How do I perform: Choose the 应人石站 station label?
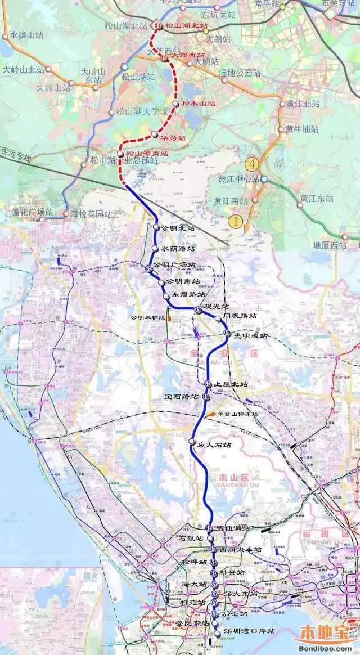(214, 445)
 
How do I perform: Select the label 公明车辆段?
(147, 317)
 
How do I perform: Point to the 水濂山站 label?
(26, 36)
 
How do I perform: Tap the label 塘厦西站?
(330, 245)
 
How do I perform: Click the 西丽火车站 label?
(241, 549)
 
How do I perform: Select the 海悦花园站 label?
(91, 214)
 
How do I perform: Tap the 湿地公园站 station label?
(240, 73)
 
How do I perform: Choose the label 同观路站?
(240, 317)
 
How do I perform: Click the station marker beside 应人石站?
(192, 441)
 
